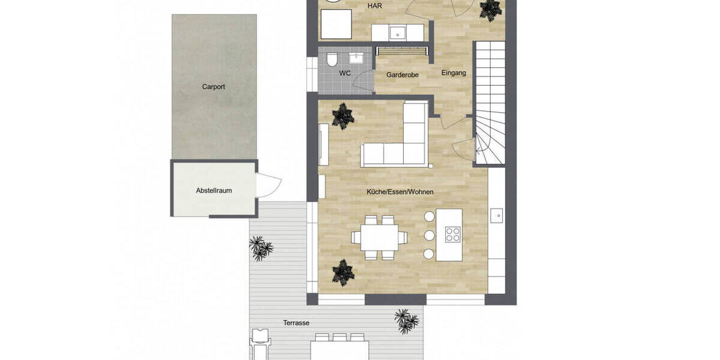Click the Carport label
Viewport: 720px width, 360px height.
tap(214, 87)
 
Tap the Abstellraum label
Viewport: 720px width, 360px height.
tap(214, 191)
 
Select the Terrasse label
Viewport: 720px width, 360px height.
tap(296, 323)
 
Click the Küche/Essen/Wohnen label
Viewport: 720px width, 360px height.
tap(400, 192)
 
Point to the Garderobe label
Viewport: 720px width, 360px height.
tap(402, 75)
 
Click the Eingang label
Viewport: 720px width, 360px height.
tap(454, 73)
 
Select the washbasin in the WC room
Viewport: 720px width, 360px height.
tap(358, 58)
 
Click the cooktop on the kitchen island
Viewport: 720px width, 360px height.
tap(453, 235)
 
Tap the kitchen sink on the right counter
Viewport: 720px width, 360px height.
tap(497, 214)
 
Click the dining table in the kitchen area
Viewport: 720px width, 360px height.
tap(380, 237)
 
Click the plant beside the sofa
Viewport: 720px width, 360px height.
tap(343, 116)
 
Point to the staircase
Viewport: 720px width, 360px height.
tap(490, 102)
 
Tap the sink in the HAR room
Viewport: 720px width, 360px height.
tap(397, 32)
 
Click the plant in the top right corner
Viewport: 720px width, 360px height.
tap(490, 9)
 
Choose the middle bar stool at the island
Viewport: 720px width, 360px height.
tap(428, 235)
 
